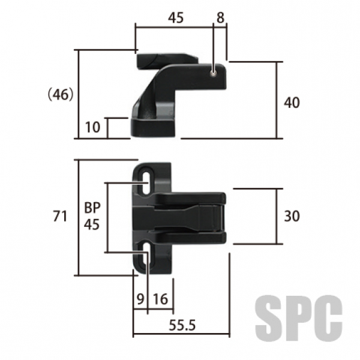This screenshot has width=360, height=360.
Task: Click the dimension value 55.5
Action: tap(182, 325)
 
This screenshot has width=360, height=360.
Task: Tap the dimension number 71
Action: tap(60, 216)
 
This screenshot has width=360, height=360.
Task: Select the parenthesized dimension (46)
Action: tap(61, 94)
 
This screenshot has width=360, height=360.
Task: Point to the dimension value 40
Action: tap(292, 103)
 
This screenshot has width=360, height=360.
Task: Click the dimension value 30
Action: tap(292, 216)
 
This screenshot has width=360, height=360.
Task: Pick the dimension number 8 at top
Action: tap(220, 17)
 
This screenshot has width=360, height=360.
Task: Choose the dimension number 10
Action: tap(93, 127)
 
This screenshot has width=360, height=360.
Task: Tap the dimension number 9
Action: tap(140, 299)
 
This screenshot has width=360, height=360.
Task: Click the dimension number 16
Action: tap(160, 299)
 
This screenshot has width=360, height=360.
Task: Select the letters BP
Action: tap(92, 208)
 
